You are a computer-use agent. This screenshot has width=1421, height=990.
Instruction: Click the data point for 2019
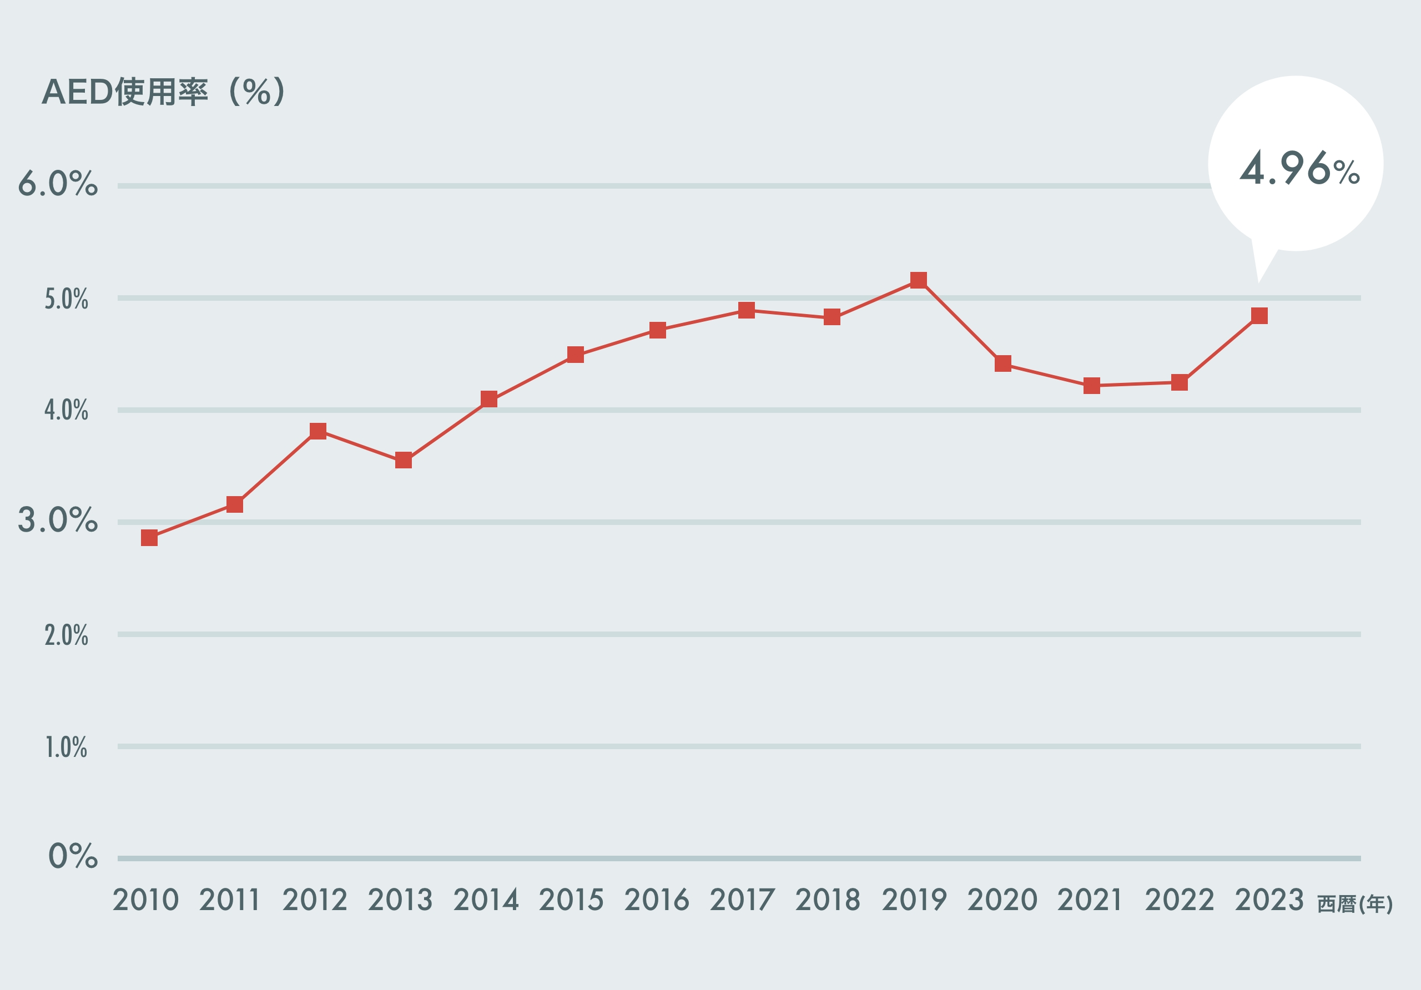[x=919, y=280]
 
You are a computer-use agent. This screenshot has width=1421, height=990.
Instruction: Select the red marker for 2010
[x=149, y=538]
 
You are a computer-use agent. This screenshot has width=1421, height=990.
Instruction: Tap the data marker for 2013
[x=404, y=461]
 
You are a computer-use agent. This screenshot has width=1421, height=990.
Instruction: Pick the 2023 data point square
[x=1259, y=316]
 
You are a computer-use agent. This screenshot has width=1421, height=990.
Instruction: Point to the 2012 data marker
[x=318, y=431]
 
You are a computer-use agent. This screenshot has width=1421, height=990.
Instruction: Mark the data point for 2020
[x=1003, y=363]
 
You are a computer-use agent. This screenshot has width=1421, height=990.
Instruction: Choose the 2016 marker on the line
[x=658, y=330]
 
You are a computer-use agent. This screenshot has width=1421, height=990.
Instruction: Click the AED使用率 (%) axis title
[x=163, y=92]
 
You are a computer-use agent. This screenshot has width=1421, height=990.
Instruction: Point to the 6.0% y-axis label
[x=58, y=184]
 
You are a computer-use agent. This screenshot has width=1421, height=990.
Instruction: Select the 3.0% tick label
[x=58, y=521]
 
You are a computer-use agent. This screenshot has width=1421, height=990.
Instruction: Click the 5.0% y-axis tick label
[x=66, y=300]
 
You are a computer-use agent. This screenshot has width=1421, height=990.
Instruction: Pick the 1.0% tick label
[x=66, y=748]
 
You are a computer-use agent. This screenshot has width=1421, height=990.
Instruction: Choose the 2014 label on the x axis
[x=486, y=900]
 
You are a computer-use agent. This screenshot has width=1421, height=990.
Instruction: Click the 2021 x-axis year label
[x=1089, y=900]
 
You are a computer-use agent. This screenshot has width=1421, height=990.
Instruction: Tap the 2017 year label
[x=742, y=900]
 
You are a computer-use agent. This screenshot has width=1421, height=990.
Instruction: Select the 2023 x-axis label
[x=1269, y=900]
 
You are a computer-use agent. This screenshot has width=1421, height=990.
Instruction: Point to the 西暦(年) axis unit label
[x=1355, y=905]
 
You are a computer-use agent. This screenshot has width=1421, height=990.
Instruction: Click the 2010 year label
[x=145, y=900]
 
